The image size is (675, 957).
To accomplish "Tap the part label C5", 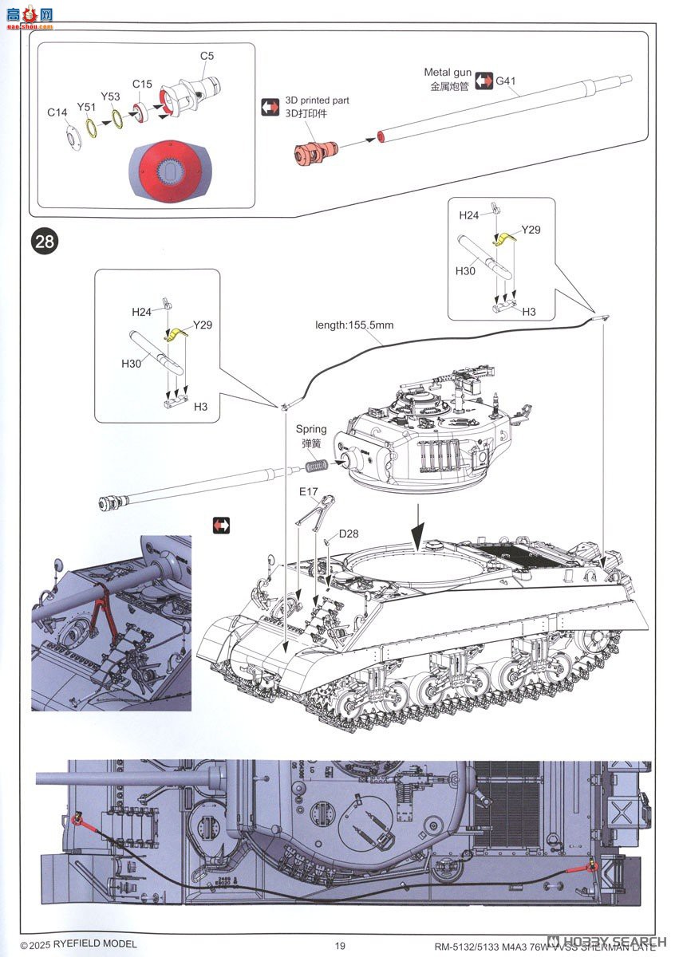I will pyautogui.click(x=207, y=56).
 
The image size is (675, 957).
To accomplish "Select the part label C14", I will pyautogui.click(x=57, y=112).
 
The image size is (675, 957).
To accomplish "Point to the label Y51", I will pyautogui.click(x=86, y=106).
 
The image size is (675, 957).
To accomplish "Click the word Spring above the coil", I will pyautogui.click(x=311, y=430).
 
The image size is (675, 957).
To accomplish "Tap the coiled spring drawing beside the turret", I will pyautogui.click(x=318, y=466).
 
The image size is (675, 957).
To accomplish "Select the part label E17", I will pyautogui.click(x=310, y=491).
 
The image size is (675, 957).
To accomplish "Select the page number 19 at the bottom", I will pyautogui.click(x=340, y=946).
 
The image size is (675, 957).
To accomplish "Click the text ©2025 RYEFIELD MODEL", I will pyautogui.click(x=73, y=946).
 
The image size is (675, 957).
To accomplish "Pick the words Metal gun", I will pyautogui.click(x=446, y=73).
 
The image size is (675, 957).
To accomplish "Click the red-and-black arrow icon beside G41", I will pyautogui.click(x=484, y=81).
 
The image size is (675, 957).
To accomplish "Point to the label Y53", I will pyautogui.click(x=110, y=96).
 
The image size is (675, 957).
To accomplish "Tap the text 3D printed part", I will pyautogui.click(x=317, y=101).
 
